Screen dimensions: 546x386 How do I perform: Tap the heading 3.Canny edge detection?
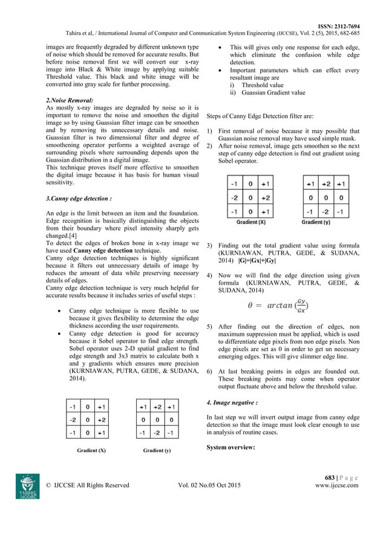pyautogui.click(x=78, y=198)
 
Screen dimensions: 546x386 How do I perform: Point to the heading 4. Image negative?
pyautogui.click(x=232, y=401)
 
